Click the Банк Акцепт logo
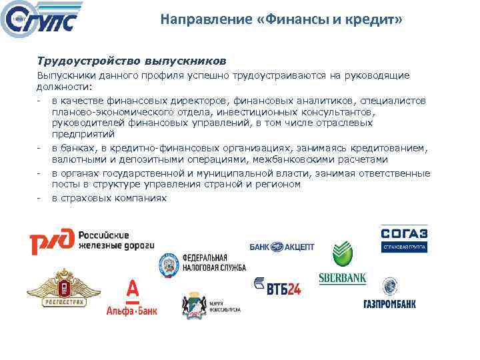tap(282, 247)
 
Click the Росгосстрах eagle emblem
tap(59, 289)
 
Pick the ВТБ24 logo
tap(277, 287)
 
